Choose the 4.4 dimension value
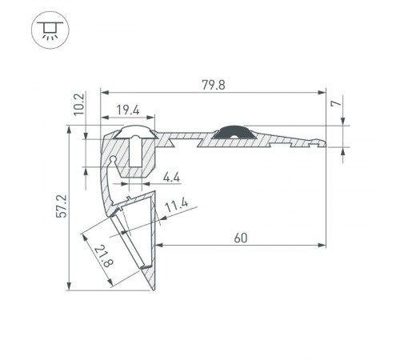172,177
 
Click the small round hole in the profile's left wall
115,160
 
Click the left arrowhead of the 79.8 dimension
102,90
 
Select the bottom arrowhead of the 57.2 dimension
70,288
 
